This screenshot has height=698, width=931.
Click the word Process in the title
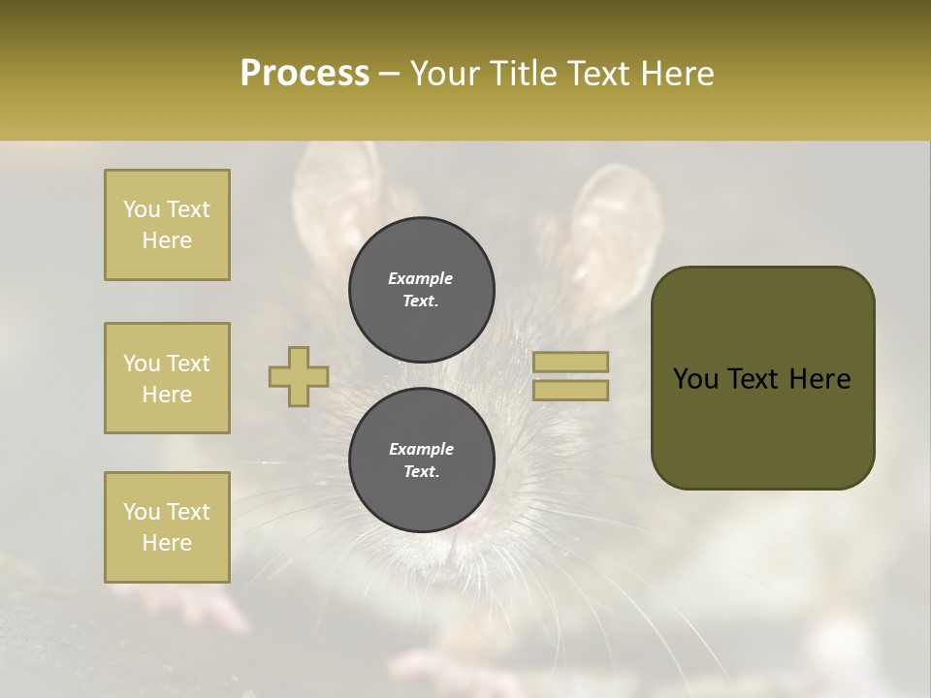point(305,74)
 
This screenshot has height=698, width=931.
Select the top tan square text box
point(167,225)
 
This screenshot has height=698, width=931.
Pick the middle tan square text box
point(167,378)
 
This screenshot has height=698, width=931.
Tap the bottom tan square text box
point(167,527)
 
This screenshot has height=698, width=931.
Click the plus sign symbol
point(299,377)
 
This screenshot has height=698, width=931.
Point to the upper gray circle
point(422,290)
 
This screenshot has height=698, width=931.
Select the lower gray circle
point(422,460)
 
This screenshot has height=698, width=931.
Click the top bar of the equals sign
point(570,363)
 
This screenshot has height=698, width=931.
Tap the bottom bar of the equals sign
point(570,391)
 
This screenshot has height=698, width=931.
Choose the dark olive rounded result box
point(763,378)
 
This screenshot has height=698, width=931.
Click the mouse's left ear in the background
point(335,194)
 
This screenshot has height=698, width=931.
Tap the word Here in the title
point(675,74)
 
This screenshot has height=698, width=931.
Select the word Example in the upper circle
point(420,278)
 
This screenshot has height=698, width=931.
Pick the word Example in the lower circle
point(421,449)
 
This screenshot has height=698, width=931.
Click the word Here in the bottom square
point(167,543)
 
